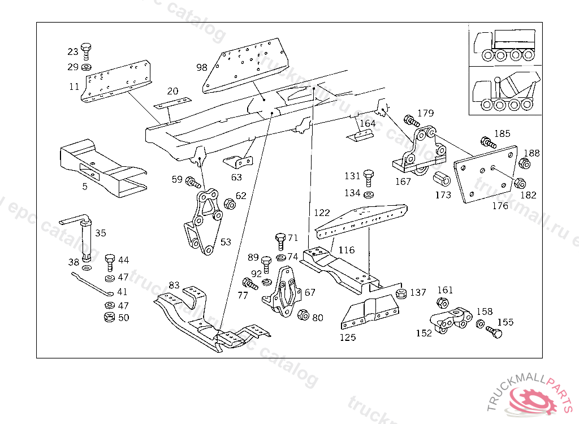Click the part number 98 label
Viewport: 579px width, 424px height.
click(202, 67)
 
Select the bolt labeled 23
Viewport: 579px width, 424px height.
click(86, 50)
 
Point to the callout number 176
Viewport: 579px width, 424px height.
click(500, 206)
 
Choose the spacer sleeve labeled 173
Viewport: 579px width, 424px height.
click(442, 179)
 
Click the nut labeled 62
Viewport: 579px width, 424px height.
click(230, 204)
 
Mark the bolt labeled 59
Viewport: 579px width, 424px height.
click(193, 182)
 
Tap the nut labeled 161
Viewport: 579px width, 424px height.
click(443, 303)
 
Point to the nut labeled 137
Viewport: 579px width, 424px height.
click(401, 293)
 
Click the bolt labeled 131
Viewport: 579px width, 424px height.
click(369, 178)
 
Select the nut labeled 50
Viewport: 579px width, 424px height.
click(110, 317)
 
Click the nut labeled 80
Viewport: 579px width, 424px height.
click(303, 314)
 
